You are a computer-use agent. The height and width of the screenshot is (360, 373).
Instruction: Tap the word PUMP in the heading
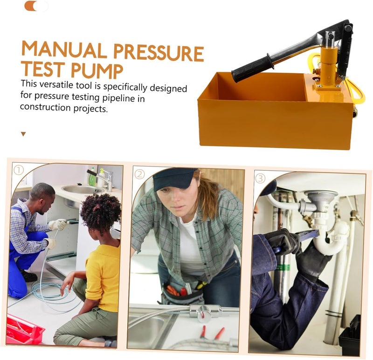[x=97, y=70]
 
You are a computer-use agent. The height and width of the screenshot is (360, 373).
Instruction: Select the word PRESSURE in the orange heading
[x=159, y=53]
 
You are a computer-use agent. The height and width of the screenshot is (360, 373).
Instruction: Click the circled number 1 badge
[x=19, y=170]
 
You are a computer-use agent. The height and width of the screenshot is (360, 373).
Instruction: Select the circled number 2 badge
[x=139, y=174]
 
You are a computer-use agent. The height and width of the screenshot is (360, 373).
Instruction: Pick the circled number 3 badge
[x=260, y=178]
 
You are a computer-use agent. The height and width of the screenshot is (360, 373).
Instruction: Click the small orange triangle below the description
[x=23, y=134]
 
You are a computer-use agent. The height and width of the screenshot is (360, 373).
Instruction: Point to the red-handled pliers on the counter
[x=213, y=332]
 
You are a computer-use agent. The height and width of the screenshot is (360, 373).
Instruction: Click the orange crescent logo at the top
[x=31, y=6]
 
